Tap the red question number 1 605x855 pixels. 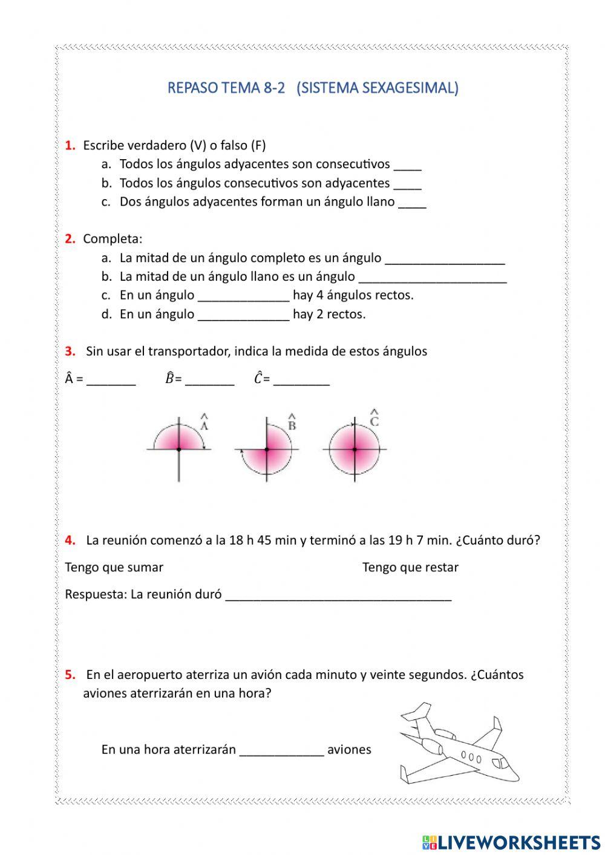(x=70, y=145)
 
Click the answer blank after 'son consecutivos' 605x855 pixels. (x=407, y=165)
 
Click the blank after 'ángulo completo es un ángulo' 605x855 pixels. (x=445, y=259)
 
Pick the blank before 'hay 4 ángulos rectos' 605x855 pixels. (x=244, y=296)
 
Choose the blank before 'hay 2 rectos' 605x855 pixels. (x=244, y=315)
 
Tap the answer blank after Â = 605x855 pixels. (x=111, y=381)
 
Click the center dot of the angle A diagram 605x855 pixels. (x=179, y=449)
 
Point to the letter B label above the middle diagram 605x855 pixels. (x=292, y=424)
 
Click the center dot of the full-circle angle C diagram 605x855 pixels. (x=355, y=449)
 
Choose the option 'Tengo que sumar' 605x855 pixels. (x=114, y=568)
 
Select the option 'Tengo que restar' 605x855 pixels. (x=410, y=568)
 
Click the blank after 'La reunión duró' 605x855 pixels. (x=338, y=595)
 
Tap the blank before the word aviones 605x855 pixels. (x=282, y=750)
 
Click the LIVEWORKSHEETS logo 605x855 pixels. (x=511, y=842)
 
